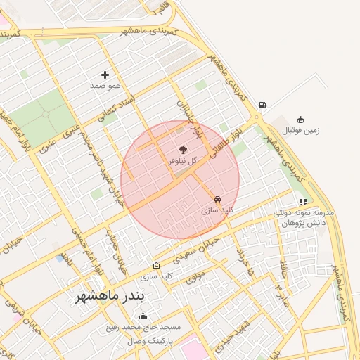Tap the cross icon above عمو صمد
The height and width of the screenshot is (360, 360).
pos(105,75)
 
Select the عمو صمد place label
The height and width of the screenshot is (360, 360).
pos(105,86)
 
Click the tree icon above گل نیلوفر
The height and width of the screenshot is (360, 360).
pos(184,149)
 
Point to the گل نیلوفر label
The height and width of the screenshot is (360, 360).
pos(183,161)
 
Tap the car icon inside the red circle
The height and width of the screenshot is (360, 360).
pos(217,199)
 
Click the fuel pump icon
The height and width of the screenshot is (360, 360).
pos(262,105)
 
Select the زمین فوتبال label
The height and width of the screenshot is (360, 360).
pos(301,131)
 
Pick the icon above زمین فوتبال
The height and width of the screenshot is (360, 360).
pos(301,119)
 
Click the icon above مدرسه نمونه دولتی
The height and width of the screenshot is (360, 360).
pos(303,202)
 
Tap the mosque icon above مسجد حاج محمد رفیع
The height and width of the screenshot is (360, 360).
pos(143,316)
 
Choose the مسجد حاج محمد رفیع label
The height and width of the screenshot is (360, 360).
pos(143,328)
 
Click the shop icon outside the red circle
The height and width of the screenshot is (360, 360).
pos(156,266)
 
